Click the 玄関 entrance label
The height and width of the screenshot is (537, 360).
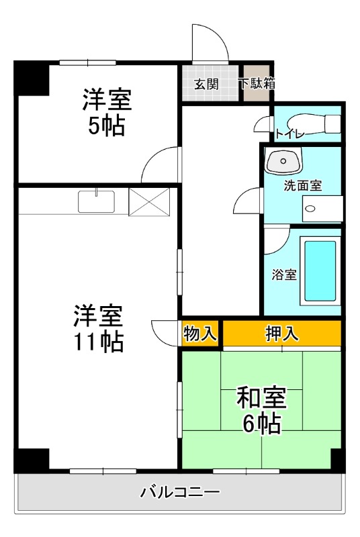pos(206,85)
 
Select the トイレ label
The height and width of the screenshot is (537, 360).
pos(289,134)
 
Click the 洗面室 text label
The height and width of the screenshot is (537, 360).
pos(302,186)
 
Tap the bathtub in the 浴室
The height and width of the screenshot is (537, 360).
pos(320,271)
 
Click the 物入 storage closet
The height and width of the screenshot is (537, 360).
pos(200,333)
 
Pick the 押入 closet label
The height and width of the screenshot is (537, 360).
pos(282,333)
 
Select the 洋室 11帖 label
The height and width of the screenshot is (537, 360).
pos(98,328)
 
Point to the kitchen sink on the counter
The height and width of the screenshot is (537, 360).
pos(97,201)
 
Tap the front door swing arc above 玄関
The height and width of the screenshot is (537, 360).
pos(208,44)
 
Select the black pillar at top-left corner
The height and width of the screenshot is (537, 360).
pos(31,79)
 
